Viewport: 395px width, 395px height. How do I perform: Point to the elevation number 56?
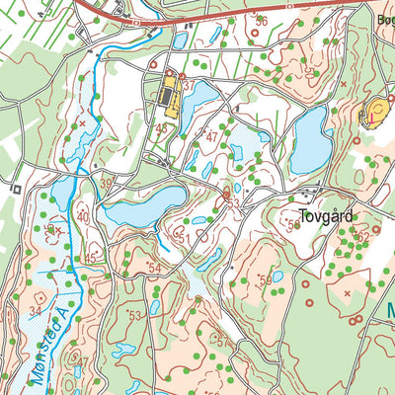(261, 21)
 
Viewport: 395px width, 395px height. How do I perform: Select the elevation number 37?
(187, 87)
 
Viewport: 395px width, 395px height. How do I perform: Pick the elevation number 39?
(106, 183)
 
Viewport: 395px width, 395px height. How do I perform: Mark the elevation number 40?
(83, 216)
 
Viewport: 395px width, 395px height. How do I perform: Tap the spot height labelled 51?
(182, 238)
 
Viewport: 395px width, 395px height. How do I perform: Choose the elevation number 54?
(153, 269)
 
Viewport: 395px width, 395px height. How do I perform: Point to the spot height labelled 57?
(222, 341)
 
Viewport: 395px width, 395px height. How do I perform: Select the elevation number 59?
(265, 280)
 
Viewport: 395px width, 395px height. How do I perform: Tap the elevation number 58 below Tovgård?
(293, 225)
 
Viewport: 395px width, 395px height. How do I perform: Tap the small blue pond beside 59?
(277, 276)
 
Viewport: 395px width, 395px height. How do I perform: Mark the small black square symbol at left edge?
(17, 186)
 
